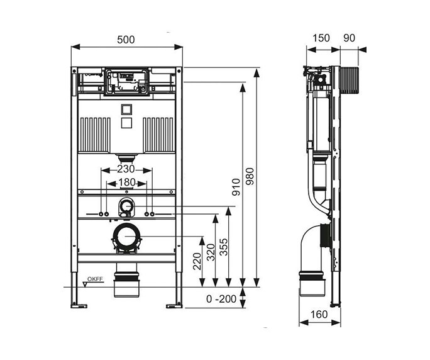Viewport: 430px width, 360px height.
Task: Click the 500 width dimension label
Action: pyautogui.click(x=126, y=39)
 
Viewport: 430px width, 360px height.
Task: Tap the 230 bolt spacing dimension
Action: pyautogui.click(x=126, y=170)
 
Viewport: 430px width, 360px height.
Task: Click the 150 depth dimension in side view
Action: pyautogui.click(x=321, y=38)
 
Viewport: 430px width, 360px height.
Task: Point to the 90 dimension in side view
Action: pyautogui.click(x=350, y=38)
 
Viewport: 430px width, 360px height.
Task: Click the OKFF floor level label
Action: pyautogui.click(x=95, y=278)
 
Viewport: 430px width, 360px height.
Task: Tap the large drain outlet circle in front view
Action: pyautogui.click(x=126, y=235)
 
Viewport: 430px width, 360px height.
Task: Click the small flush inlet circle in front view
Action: pyautogui.click(x=126, y=205)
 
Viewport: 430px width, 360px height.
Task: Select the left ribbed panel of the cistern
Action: pyautogui.click(x=96, y=133)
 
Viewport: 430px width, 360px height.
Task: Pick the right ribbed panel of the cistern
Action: pyautogui.click(x=158, y=133)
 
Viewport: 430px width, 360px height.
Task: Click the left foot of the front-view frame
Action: pyautogui.click(x=79, y=305)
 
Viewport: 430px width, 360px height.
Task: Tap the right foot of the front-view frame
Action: pyautogui.click(x=174, y=305)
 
